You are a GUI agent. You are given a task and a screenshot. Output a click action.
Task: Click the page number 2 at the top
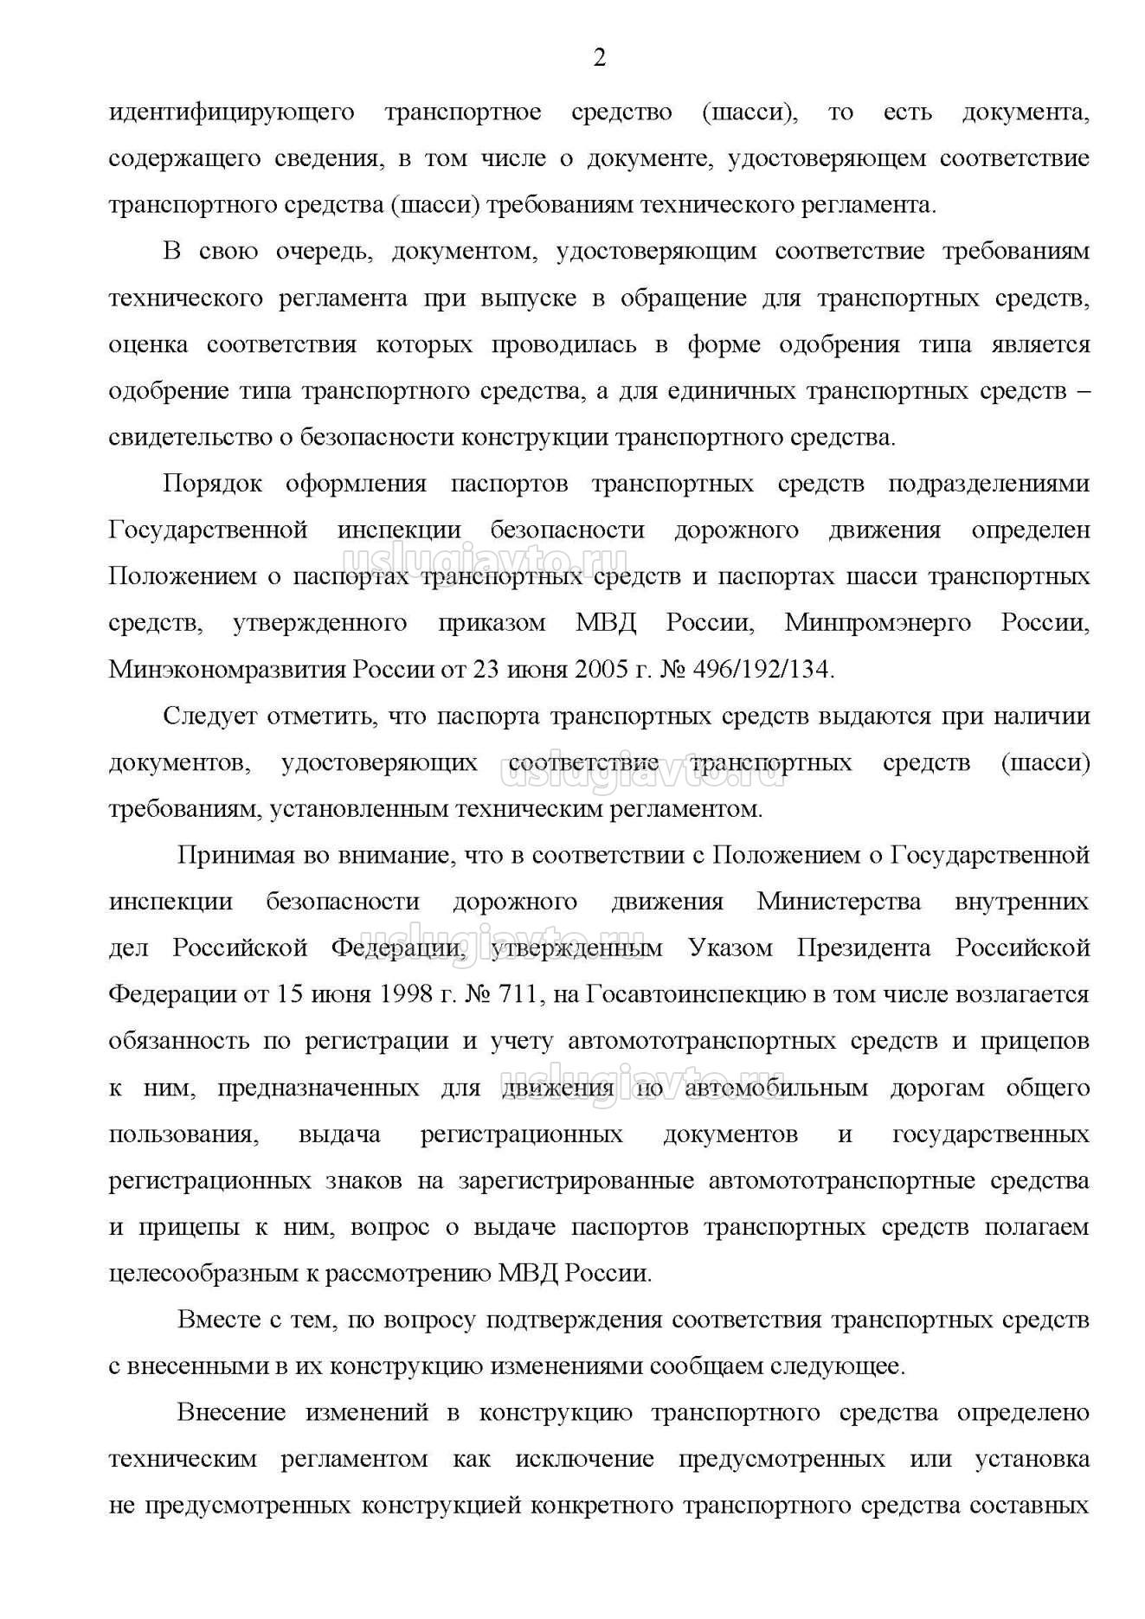pos(598,58)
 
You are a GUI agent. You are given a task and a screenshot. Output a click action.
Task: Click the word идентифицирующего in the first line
pos(232,112)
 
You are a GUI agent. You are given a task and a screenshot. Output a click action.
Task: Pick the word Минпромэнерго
pos(878,623)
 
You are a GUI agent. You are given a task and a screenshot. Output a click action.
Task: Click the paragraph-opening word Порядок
pos(212,484)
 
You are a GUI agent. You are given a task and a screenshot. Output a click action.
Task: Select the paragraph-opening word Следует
pos(210,716)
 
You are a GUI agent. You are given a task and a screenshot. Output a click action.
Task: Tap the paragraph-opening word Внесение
pos(231,1413)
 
